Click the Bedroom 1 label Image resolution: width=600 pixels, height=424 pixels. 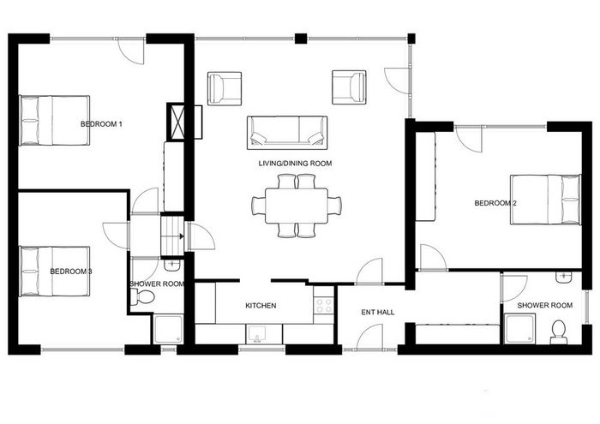point(101,124)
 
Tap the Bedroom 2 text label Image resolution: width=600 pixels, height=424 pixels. point(495,203)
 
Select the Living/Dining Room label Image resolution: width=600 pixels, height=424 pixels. point(295,164)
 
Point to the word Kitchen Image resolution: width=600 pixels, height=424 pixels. point(261,306)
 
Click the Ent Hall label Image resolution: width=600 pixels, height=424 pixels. point(378,313)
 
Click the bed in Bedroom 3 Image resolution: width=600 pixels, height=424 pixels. point(55,272)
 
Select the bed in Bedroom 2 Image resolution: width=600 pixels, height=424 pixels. point(545,200)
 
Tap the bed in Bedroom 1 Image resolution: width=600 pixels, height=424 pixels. point(55,121)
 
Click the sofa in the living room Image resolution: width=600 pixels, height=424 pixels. point(287,133)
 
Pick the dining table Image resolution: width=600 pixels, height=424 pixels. point(297,206)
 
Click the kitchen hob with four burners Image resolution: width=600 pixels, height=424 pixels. point(323,305)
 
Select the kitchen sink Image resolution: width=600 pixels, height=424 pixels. point(257,334)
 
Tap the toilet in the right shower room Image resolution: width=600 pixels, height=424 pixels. point(559,331)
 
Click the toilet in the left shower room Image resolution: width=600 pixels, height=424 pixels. point(142,296)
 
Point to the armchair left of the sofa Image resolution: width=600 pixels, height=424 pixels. point(225,88)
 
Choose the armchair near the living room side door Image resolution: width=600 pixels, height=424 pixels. point(349,87)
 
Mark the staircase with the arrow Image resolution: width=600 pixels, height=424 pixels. point(172,236)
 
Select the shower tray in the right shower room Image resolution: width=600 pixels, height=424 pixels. point(519,329)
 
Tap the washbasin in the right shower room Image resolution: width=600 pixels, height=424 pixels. point(564,278)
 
